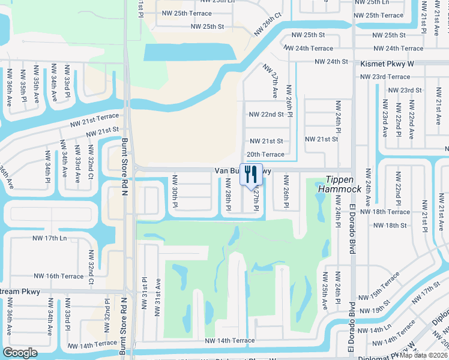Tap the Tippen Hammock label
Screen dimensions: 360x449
(x=343, y=184)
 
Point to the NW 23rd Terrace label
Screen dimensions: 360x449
(x=385, y=77)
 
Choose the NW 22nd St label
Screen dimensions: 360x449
(x=265, y=114)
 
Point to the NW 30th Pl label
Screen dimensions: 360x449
(x=175, y=191)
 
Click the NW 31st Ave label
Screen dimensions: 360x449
(x=159, y=290)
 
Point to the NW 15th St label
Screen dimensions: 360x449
(x=385, y=310)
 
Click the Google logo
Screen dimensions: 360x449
(x=20, y=353)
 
